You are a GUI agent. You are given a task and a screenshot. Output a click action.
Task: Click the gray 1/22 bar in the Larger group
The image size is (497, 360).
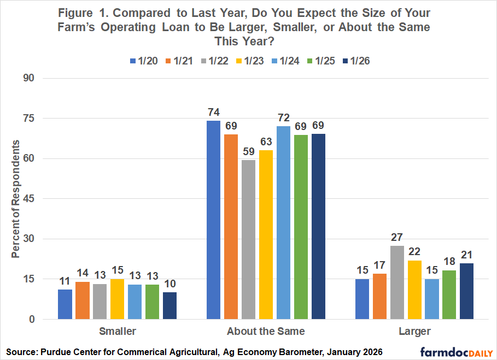pyautogui.click(x=396, y=283)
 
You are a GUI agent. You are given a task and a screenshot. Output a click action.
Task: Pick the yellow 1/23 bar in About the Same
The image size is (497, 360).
pyautogui.click(x=266, y=235)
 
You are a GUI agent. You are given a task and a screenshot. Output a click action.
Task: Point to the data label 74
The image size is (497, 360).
pyautogui.click(x=213, y=112)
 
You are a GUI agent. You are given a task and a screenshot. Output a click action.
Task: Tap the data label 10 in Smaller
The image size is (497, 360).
pyautogui.click(x=170, y=283)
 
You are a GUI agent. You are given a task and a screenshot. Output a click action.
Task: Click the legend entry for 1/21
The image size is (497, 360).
pyautogui.click(x=178, y=61)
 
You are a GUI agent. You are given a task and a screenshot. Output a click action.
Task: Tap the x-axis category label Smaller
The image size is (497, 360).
pyautogui.click(x=117, y=331)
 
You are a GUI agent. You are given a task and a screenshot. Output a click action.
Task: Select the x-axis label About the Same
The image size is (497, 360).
pyautogui.click(x=266, y=331)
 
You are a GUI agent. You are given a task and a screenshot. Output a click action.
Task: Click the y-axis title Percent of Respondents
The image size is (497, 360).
pyautogui.click(x=16, y=199)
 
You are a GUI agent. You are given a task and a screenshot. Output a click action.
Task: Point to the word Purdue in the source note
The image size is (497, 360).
pyautogui.click(x=56, y=350)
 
